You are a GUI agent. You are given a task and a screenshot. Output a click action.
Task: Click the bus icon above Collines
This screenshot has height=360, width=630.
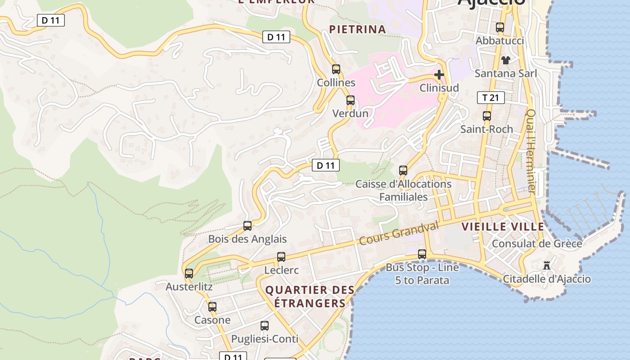[x=336, y=69]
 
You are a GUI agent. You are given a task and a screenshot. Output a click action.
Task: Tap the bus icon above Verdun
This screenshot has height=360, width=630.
[x=351, y=100]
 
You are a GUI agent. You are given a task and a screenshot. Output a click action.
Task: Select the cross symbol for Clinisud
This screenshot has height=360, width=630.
[x=439, y=75]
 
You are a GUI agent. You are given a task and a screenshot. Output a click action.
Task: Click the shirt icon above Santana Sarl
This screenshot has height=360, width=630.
[x=506, y=60]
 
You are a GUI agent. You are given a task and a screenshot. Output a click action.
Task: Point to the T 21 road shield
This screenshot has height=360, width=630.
[x=490, y=98]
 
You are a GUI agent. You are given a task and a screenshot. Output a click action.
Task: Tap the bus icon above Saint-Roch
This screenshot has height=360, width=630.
[x=486, y=116]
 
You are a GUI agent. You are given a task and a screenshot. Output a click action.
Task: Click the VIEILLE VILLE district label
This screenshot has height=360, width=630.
[x=503, y=227]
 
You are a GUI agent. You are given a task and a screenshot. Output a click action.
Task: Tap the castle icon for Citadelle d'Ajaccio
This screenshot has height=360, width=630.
[x=547, y=265]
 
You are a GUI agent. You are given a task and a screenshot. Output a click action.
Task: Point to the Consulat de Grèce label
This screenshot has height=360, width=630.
[x=537, y=243]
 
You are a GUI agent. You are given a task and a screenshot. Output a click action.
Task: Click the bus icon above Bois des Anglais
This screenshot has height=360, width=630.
[x=247, y=226]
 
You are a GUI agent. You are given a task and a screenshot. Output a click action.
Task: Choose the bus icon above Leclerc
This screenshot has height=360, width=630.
[x=281, y=257]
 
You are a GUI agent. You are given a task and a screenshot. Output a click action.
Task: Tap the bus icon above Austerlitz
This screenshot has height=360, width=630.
[x=189, y=273]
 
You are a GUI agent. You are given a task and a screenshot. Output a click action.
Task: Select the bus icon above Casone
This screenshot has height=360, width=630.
[x=212, y=307]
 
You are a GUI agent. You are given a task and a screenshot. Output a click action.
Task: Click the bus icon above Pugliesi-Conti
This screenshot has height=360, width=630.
[x=265, y=325]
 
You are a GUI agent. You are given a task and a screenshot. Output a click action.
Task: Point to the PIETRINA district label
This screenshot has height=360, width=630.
[x=357, y=30]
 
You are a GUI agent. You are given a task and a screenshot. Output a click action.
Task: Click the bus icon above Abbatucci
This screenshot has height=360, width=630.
[x=500, y=27]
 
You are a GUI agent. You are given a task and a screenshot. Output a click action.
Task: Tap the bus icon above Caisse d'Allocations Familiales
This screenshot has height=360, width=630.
[x=403, y=171]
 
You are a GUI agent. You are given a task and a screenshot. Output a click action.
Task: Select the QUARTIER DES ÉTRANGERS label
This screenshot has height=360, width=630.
[x=310, y=297]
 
